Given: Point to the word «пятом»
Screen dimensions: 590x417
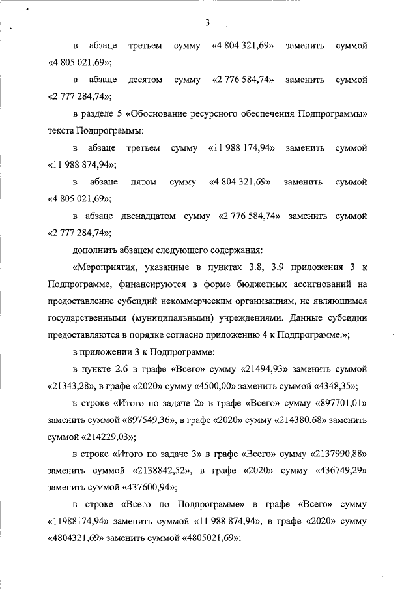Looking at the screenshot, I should [x=143, y=181].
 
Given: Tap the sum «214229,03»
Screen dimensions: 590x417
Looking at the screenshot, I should [x=112, y=436].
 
